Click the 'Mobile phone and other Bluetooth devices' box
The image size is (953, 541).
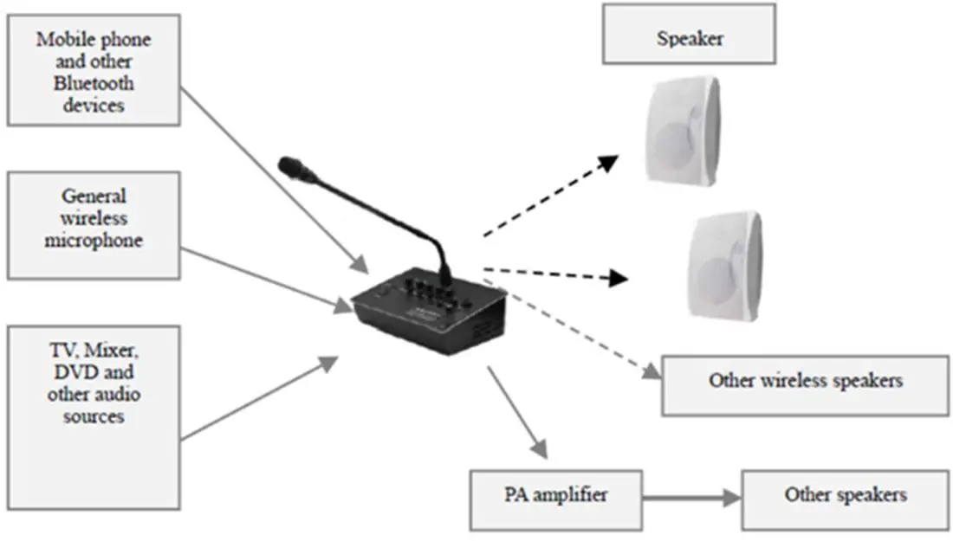93,69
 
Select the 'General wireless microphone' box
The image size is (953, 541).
93,224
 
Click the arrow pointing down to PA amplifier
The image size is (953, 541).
517,412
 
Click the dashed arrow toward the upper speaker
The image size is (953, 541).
550,196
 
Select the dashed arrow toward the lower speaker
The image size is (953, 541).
554,274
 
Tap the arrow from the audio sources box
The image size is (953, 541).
260,398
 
